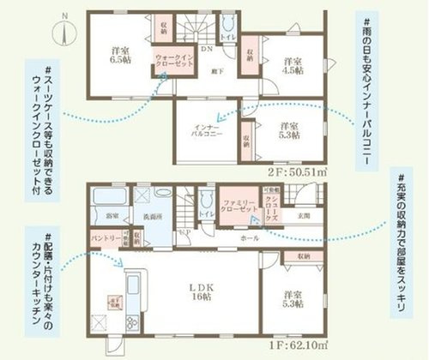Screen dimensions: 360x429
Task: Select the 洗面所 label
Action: click(154, 216)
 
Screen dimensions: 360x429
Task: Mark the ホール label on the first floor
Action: click(250, 237)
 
